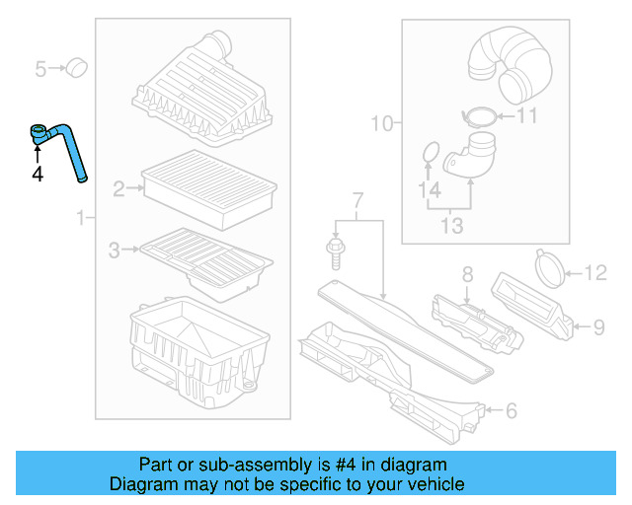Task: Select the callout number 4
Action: pos(38,175)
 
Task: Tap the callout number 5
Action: pos(41,69)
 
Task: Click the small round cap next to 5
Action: pos(76,68)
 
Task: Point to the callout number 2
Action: pos(118,188)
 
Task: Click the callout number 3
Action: pos(115,252)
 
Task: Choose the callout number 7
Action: pos(357,202)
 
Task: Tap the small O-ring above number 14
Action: pos(431,153)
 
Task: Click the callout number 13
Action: pos(450,226)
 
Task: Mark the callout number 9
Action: pos(598,325)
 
